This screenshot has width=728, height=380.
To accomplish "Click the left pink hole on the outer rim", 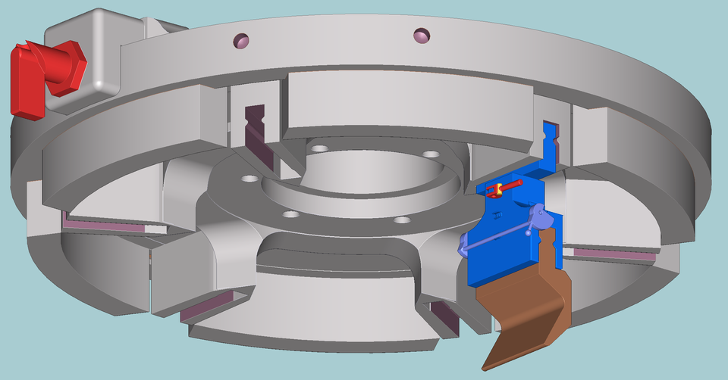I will tap(240, 40).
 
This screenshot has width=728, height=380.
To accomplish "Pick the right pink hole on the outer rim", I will tap(422, 34).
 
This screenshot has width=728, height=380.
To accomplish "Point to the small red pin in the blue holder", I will tap(513, 185).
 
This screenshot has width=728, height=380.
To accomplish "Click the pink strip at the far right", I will tap(614, 253).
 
